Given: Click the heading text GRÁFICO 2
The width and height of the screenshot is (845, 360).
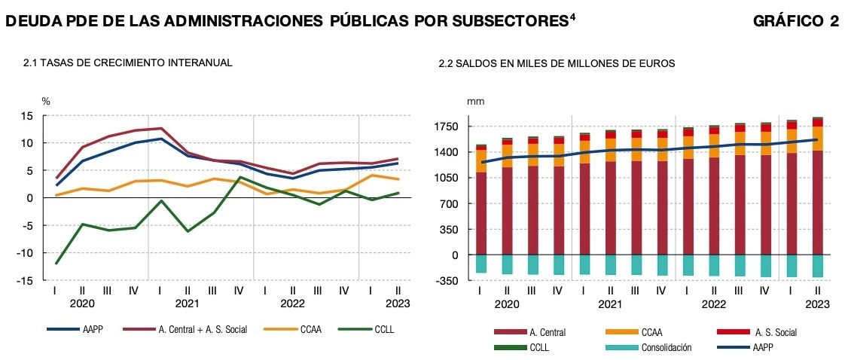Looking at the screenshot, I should [795, 22].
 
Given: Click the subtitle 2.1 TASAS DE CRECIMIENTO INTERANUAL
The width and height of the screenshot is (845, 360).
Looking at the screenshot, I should [128, 63].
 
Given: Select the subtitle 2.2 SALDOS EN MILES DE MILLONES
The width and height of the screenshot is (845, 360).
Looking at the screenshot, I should [557, 64].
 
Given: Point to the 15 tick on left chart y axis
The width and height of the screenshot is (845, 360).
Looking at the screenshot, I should [27, 116].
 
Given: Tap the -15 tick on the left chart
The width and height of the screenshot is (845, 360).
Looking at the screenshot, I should [25, 280].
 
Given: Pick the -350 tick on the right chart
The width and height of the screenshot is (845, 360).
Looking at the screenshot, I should [448, 281].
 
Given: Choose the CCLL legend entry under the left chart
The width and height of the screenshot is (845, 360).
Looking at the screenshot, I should [383, 329].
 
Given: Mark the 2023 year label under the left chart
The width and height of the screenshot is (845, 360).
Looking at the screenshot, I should [396, 304].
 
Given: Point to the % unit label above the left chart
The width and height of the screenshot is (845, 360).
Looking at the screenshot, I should [45, 101].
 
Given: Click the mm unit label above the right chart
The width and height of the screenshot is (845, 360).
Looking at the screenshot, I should [476, 101].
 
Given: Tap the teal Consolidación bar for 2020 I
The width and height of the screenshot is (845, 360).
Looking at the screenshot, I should [480, 264].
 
